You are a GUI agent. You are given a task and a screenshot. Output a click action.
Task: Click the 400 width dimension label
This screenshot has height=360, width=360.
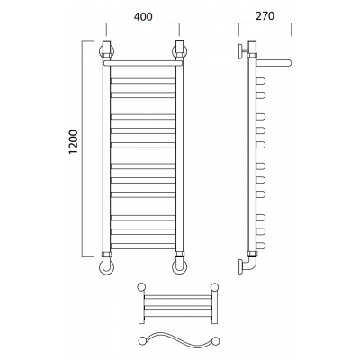tap(143, 16)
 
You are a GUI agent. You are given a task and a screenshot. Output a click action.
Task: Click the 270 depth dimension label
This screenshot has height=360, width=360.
tap(265, 16)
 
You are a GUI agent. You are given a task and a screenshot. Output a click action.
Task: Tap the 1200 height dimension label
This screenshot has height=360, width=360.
tap(73, 142)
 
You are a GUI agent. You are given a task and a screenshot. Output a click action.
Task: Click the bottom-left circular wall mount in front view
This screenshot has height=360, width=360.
tap(106, 267)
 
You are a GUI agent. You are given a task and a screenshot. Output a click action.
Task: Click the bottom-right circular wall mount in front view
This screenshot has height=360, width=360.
tap(180, 267)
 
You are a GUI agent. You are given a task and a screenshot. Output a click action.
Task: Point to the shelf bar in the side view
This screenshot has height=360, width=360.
tap(274, 63)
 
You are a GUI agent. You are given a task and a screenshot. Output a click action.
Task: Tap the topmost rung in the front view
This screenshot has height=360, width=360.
tap(143, 81)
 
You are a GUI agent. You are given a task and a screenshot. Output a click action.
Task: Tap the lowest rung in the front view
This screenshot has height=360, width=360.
tap(143, 246)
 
